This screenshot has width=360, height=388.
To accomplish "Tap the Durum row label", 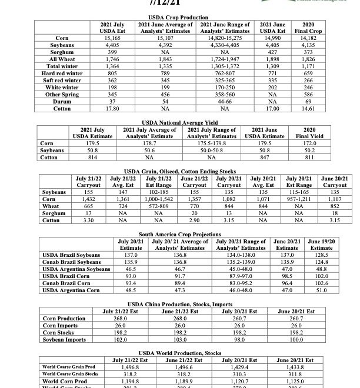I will (x=60, y=101).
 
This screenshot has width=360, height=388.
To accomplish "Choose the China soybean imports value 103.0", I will (x=171, y=339).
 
